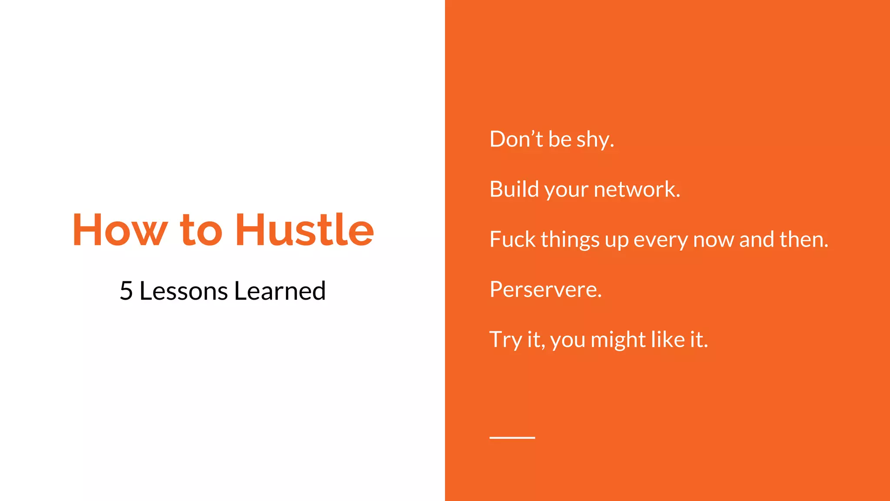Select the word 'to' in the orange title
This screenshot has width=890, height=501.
click(x=201, y=230)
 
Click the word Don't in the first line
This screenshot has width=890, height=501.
click(x=516, y=139)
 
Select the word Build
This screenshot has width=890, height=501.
click(x=514, y=189)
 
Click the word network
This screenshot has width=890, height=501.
click(x=637, y=190)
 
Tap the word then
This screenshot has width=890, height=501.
click(x=804, y=239)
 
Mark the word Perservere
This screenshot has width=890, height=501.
click(x=546, y=290)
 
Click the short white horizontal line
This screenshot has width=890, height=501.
click(x=512, y=438)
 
